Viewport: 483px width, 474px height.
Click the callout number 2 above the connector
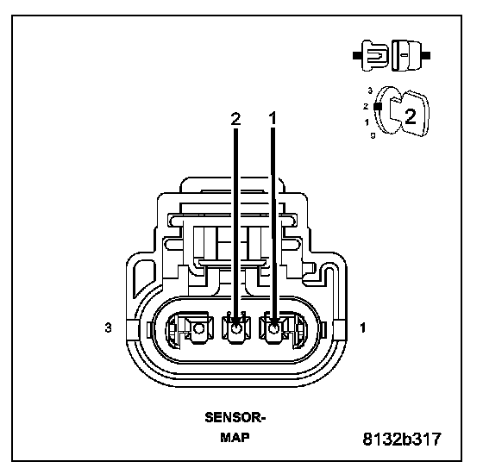click(x=235, y=119)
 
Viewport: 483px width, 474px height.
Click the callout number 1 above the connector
click(x=273, y=119)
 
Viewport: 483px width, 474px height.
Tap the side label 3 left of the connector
click(x=108, y=327)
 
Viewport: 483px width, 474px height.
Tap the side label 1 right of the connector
click(x=363, y=327)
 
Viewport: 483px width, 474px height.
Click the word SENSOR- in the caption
click(x=235, y=418)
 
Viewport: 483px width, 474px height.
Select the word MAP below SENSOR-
click(x=235, y=438)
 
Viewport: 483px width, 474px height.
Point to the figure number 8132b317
click(x=402, y=439)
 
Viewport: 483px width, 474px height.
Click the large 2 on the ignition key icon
click(x=411, y=116)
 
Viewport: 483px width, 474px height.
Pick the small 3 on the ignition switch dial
click(x=370, y=90)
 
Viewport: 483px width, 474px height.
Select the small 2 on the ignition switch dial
click(x=366, y=107)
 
